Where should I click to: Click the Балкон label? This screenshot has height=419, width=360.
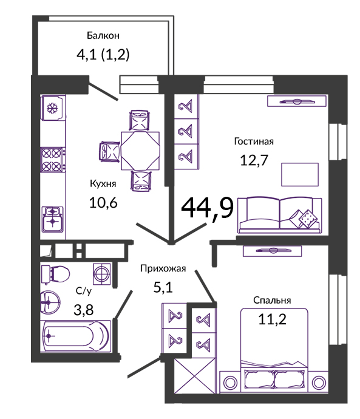[x=103, y=36]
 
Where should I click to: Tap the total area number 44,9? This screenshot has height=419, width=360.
[x=207, y=208]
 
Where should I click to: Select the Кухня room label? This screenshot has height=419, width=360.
[x=103, y=183]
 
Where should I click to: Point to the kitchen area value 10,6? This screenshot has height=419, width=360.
[x=103, y=203]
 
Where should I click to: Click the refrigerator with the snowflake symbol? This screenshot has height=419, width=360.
[x=53, y=108]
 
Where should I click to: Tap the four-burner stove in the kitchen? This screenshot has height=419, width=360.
[x=53, y=160]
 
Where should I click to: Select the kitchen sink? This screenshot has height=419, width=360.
[x=53, y=219]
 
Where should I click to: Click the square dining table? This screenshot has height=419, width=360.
[x=140, y=151]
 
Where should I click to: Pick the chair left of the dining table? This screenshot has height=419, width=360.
[x=110, y=152]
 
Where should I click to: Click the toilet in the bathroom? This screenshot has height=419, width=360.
[x=55, y=274]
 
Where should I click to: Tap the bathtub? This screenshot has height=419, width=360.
[x=75, y=336]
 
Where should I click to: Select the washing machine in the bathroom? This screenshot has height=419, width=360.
[x=102, y=274]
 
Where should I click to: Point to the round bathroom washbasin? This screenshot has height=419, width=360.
[x=50, y=302]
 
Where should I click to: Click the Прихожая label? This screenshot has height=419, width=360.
[x=163, y=268]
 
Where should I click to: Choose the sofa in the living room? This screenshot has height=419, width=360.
[x=280, y=215]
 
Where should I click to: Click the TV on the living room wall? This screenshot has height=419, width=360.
[x=297, y=101]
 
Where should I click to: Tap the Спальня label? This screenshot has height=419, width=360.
[x=272, y=301]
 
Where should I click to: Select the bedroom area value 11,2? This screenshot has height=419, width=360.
[x=272, y=319]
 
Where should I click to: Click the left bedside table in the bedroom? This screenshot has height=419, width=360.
[x=230, y=382]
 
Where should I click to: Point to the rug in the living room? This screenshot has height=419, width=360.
[x=300, y=174]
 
